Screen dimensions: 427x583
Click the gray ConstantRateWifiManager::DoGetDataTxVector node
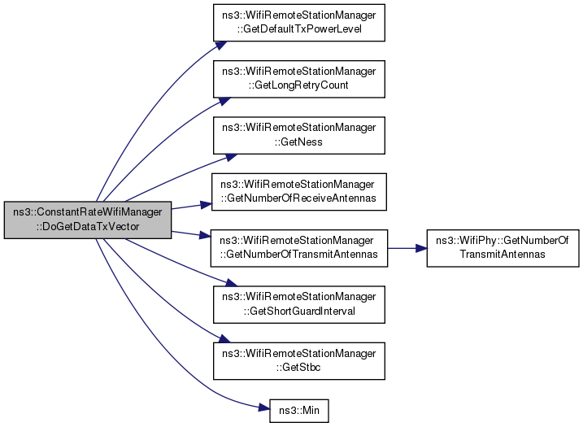coord(87,220)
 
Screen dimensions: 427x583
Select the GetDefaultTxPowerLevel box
coord(298,24)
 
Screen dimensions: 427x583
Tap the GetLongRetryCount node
coord(298,79)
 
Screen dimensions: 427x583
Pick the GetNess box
coord(298,134)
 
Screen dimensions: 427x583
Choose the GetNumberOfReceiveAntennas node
coord(298,190)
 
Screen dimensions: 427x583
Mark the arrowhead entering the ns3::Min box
coord(264,406)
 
